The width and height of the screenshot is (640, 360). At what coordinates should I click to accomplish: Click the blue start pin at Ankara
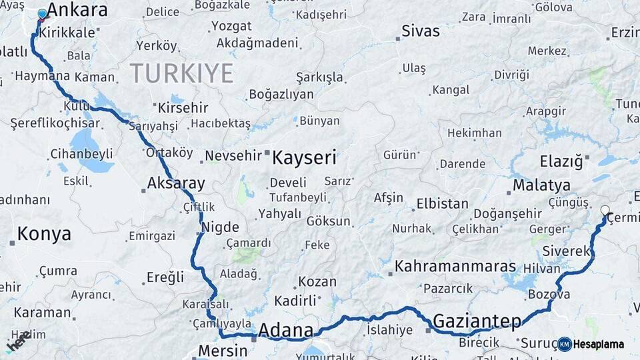point(43,14)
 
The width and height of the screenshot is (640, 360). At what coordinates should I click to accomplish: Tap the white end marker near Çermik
point(605,211)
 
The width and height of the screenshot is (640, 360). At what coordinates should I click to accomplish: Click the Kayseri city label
point(304,158)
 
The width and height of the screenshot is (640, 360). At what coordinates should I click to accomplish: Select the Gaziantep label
point(477,322)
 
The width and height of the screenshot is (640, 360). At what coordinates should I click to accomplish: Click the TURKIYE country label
point(181,73)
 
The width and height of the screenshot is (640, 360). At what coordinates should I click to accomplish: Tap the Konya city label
point(44,233)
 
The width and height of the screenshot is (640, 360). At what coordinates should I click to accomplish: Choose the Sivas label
point(421,31)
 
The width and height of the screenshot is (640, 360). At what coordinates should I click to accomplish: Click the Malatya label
point(542,185)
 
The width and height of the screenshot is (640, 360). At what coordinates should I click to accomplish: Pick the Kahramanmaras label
point(455,267)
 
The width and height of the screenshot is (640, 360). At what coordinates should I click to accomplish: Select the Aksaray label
point(176,183)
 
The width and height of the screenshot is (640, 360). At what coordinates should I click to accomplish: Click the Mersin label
point(223,351)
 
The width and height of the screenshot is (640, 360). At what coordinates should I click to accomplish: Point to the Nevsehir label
point(232,155)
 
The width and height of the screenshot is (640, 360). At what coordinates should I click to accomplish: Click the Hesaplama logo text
point(598,344)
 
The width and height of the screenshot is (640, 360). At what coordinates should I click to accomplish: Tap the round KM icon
point(565,344)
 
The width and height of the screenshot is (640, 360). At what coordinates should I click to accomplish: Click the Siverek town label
point(567,251)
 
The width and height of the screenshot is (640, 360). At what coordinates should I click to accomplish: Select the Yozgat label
point(231,27)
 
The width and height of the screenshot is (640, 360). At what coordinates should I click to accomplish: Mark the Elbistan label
point(442,203)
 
